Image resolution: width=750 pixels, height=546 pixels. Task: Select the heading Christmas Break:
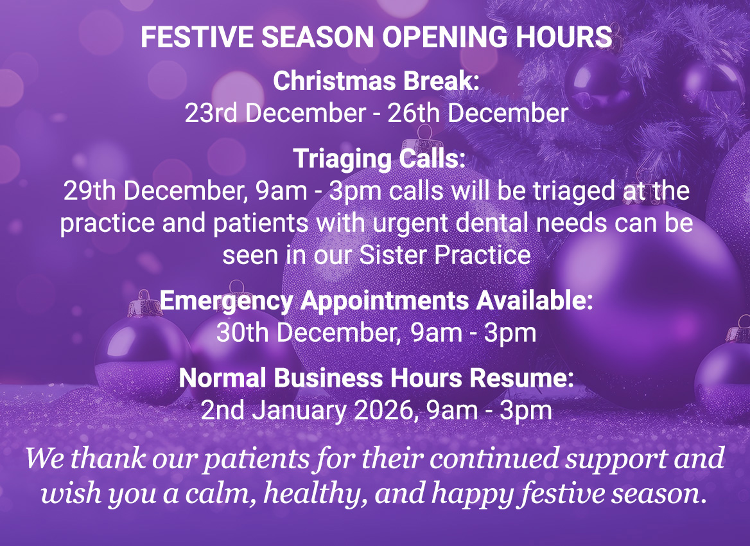[x=376, y=82]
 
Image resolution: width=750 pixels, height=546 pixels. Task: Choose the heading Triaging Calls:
[x=379, y=158]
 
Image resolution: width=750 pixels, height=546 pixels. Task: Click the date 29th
[x=89, y=191]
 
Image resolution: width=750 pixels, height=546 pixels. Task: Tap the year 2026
[x=383, y=410]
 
